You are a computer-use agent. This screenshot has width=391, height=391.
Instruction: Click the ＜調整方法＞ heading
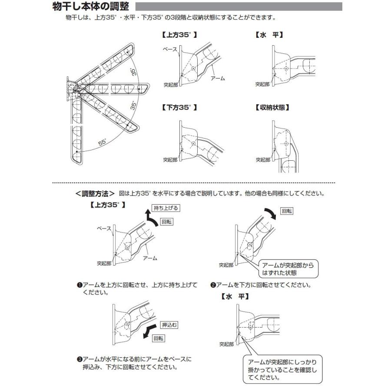point(93,193)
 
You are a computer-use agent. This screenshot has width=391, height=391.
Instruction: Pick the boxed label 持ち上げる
point(165,208)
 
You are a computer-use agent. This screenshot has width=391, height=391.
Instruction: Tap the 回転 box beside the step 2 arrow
point(287,211)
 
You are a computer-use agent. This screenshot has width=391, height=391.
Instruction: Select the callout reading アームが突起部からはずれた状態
point(288,268)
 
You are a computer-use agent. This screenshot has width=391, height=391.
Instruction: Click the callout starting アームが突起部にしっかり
point(282,369)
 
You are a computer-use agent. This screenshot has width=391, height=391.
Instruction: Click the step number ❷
point(213,285)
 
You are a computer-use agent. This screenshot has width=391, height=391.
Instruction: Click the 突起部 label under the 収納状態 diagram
point(262,159)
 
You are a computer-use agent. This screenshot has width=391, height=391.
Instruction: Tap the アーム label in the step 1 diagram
point(150,258)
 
